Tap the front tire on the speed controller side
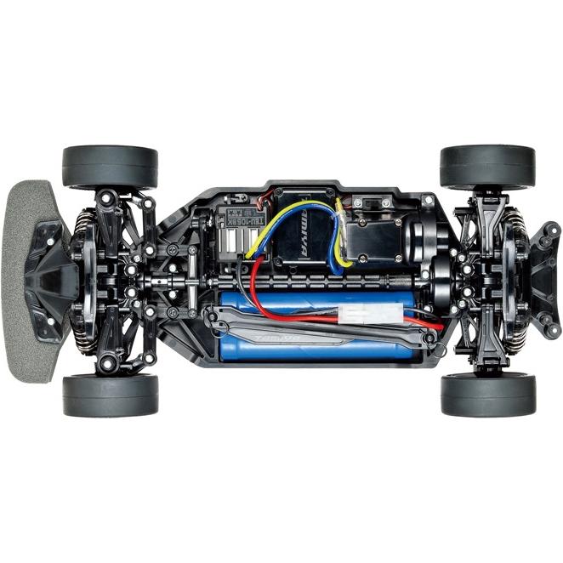pyautogui.click(x=111, y=167)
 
